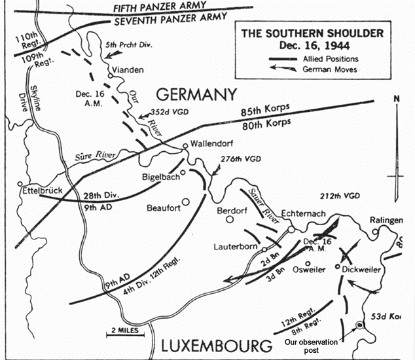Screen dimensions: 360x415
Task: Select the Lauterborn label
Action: (236, 247)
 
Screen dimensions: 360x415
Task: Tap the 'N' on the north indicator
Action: (395, 99)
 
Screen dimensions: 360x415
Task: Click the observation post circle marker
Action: (359, 325)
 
